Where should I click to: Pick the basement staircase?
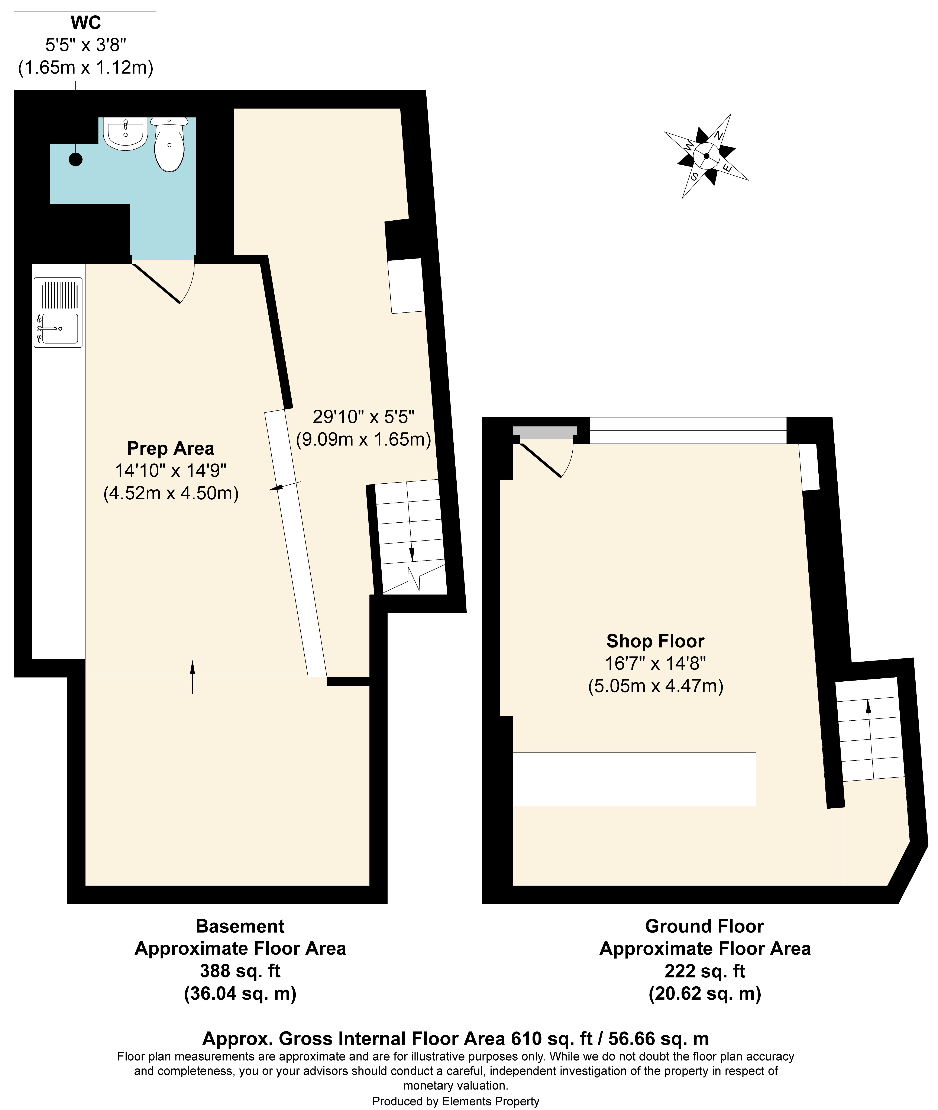(410, 536)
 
